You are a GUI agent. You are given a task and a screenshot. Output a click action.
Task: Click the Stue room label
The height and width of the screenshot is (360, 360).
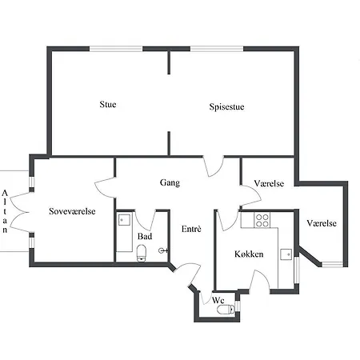(108, 104)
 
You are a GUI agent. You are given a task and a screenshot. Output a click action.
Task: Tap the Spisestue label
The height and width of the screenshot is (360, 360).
(226, 106)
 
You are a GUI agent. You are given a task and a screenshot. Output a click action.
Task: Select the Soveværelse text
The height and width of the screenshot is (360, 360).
(72, 211)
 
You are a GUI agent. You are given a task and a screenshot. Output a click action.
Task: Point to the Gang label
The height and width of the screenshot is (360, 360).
(170, 182)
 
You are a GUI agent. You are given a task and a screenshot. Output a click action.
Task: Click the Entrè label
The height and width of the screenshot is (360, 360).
(191, 229)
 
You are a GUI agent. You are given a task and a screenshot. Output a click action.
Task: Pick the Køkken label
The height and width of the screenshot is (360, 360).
(249, 254)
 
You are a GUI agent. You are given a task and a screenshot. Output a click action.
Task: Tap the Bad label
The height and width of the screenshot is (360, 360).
(145, 236)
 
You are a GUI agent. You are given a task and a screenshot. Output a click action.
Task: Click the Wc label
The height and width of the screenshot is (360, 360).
(218, 301)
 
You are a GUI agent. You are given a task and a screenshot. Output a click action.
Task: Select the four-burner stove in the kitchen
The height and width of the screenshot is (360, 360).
(262, 220)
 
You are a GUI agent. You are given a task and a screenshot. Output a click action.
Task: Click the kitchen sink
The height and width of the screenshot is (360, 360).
(286, 254)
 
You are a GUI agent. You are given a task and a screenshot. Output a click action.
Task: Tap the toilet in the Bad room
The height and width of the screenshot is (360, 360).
(142, 254)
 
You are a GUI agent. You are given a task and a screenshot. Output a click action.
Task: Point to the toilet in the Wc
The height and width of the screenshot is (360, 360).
(226, 310)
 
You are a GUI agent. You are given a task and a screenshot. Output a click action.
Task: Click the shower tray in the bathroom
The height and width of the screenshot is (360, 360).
(124, 220)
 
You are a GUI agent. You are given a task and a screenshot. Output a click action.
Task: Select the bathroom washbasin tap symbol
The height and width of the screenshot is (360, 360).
(163, 250)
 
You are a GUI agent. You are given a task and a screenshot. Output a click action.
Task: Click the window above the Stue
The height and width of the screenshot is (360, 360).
(116, 49)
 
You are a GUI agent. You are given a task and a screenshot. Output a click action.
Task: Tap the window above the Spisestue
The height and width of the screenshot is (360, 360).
(217, 49)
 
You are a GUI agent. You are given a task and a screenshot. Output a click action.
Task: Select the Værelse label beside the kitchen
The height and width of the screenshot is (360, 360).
(322, 223)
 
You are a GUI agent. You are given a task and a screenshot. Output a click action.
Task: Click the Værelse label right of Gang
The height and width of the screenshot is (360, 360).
(269, 183)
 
